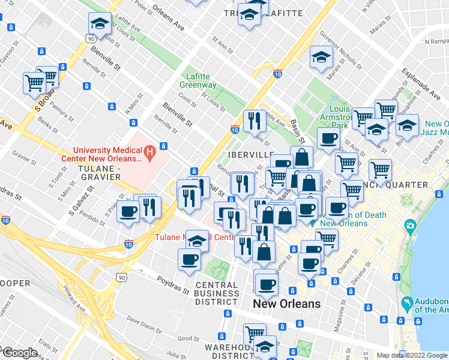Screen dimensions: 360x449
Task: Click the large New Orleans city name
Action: (x=286, y=304)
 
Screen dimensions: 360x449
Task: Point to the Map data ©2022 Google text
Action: (x=411, y=355)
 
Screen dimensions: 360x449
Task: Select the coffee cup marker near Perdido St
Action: (x=129, y=211)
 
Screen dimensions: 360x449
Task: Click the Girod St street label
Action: (x=188, y=338)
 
